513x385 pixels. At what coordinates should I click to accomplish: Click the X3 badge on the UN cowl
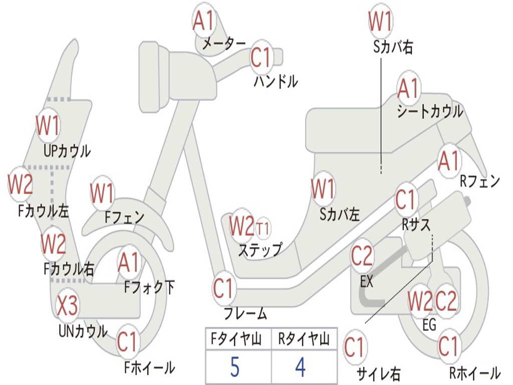(x=68, y=305)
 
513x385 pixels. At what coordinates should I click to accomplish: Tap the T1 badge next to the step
(x=263, y=228)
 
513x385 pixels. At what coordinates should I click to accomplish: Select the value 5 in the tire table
(x=235, y=366)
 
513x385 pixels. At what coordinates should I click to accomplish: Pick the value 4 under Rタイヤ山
(x=301, y=366)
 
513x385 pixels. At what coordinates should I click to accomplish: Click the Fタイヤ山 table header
(x=236, y=339)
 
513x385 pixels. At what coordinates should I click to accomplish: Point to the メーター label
(x=224, y=43)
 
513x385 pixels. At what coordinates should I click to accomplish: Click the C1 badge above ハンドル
(x=262, y=57)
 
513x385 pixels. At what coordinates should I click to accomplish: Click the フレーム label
(x=245, y=313)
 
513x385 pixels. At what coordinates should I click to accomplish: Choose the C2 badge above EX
(x=362, y=256)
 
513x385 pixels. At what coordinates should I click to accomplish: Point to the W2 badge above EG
(x=420, y=301)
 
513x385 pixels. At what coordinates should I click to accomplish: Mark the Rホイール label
(x=475, y=373)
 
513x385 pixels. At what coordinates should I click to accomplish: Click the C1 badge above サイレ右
(x=355, y=347)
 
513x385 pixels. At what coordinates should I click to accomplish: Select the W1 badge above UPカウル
(x=48, y=125)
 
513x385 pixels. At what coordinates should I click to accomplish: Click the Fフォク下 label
(x=149, y=287)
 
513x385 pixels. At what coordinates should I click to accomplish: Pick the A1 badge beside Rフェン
(x=449, y=160)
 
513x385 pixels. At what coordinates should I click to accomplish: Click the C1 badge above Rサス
(x=406, y=199)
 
